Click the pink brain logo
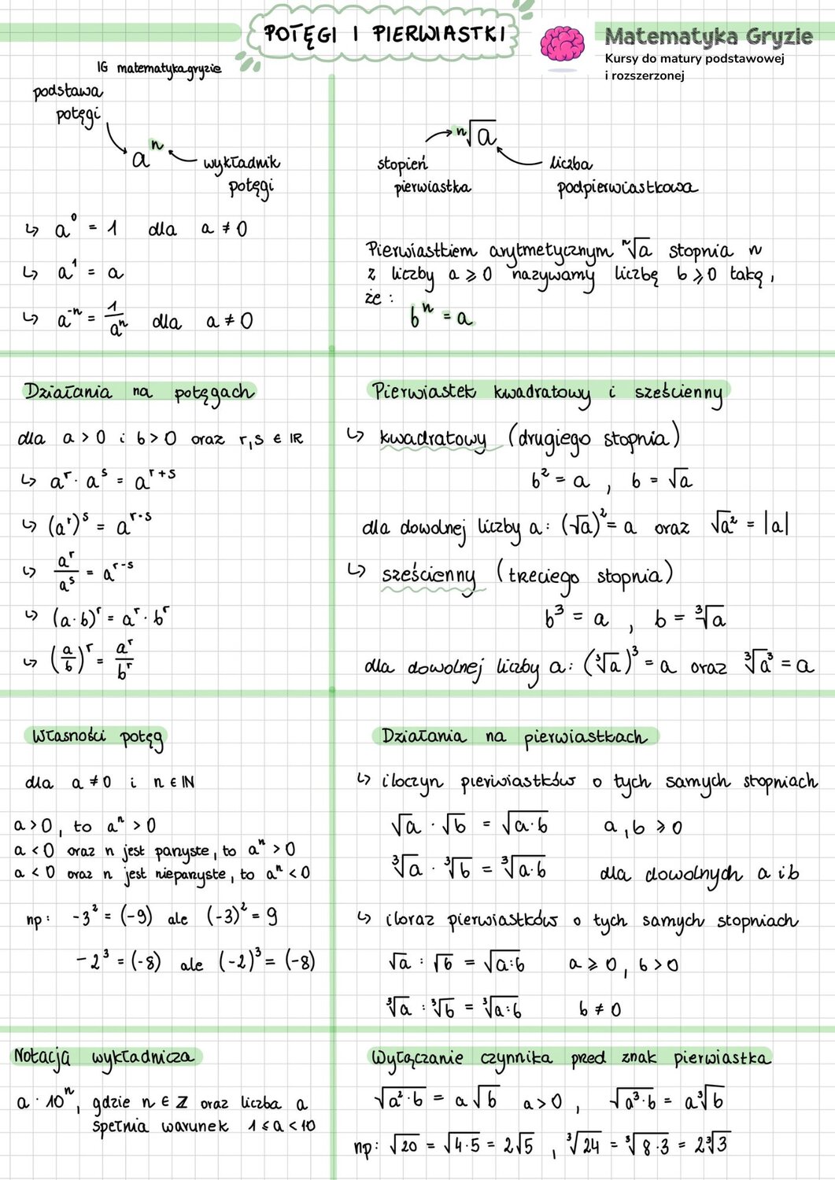562,44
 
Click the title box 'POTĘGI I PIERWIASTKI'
383,35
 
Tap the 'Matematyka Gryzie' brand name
708,36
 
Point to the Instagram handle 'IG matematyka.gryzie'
160,69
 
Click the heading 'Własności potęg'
98,737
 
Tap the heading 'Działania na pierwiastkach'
513,737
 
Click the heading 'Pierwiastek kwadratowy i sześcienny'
547,392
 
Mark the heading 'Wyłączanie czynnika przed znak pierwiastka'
570,1058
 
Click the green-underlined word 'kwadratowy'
432,439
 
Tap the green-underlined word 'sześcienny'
429,576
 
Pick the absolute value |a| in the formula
776,525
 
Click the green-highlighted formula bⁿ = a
441,316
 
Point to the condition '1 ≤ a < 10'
281,1126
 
